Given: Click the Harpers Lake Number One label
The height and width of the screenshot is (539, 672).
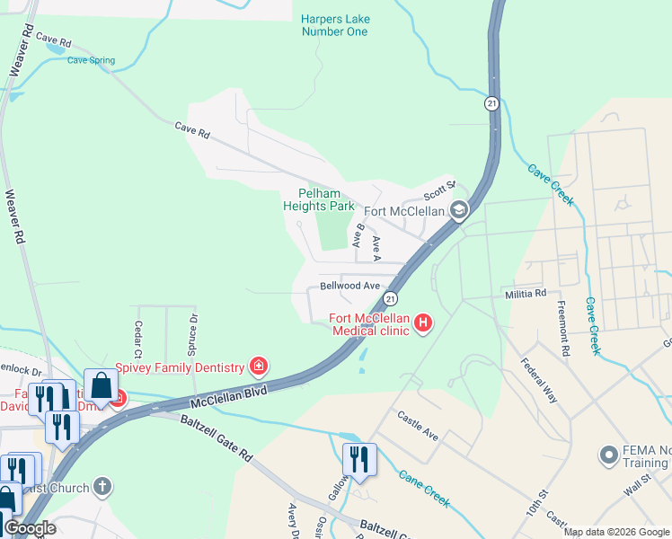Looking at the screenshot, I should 335,25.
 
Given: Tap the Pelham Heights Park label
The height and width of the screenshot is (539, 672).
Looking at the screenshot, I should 319,199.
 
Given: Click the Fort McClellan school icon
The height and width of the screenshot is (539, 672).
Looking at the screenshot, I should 459,211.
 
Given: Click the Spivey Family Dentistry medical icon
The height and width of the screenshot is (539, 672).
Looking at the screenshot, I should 259,367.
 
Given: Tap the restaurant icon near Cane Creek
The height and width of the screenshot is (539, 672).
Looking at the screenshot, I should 357,459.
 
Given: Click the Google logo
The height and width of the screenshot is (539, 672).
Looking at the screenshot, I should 30,528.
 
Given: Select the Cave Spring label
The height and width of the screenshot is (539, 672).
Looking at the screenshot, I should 92,61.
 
